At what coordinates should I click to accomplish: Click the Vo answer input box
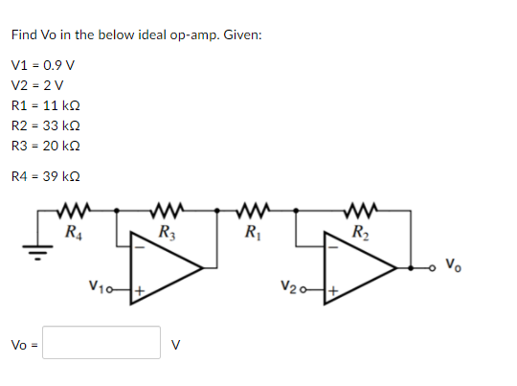(101, 343)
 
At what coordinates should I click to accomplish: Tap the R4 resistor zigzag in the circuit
(73, 209)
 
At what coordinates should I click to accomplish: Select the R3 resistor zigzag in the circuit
(167, 209)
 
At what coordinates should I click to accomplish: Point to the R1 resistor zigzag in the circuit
(252, 209)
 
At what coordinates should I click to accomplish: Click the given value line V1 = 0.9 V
(43, 66)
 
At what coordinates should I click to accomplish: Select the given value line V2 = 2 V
(38, 86)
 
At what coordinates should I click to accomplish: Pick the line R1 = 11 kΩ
(45, 106)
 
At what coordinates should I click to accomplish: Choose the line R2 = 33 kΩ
(45, 126)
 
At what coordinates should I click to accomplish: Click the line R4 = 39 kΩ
(45, 176)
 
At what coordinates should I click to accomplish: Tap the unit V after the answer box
(174, 344)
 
